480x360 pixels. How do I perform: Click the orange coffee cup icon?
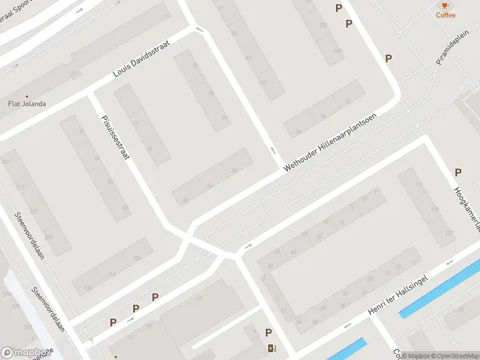point(445,5)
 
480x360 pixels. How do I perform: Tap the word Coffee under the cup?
point(445,16)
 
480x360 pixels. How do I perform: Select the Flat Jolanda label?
point(26,104)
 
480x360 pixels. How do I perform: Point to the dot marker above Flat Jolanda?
point(26,95)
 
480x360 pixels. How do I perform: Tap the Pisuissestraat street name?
point(116,137)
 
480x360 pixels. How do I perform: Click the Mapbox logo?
point(25,353)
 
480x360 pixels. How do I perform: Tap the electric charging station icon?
point(272,347)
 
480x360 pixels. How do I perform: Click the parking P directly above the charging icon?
point(268,333)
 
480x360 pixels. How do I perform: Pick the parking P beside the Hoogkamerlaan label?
point(458,172)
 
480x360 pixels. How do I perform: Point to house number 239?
point(49,237)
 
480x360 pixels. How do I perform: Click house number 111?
point(419,184)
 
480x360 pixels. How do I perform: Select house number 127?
point(449,233)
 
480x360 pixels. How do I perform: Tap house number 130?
point(88,289)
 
